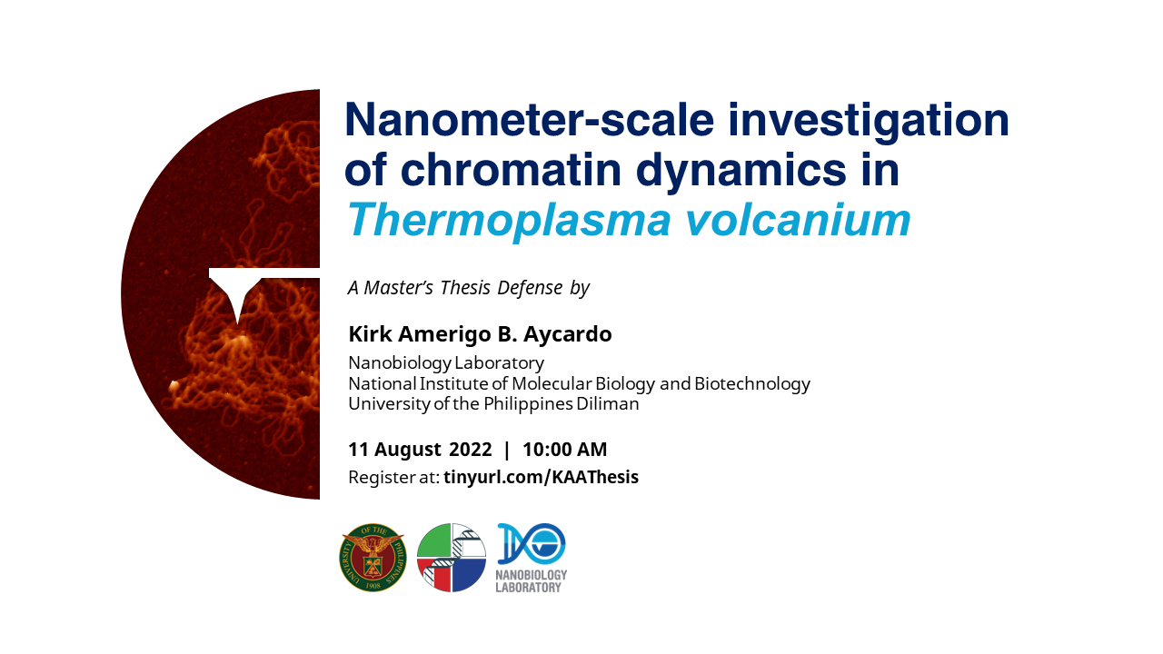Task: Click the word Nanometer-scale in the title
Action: pyautogui.click(x=530, y=120)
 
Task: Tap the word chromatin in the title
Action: pyautogui.click(x=511, y=169)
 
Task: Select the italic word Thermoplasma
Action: pyautogui.click(x=508, y=220)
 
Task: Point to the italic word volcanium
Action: pyautogui.click(x=798, y=220)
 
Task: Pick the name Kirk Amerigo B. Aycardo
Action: pyautogui.click(x=481, y=334)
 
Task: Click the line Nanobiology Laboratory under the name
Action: pyautogui.click(x=446, y=363)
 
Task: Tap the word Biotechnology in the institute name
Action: pyautogui.click(x=752, y=384)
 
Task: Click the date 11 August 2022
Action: pyautogui.click(x=420, y=450)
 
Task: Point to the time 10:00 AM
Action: pyautogui.click(x=564, y=450)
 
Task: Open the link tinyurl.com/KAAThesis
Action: pyautogui.click(x=541, y=477)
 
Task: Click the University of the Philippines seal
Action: pyautogui.click(x=373, y=558)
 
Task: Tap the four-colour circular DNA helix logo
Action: pyautogui.click(x=452, y=558)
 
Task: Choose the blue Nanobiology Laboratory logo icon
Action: pyautogui.click(x=532, y=543)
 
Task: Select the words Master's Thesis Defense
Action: pyautogui.click(x=463, y=288)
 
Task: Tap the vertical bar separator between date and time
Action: pyautogui.click(x=507, y=450)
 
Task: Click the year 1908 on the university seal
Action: pyautogui.click(x=373, y=586)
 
